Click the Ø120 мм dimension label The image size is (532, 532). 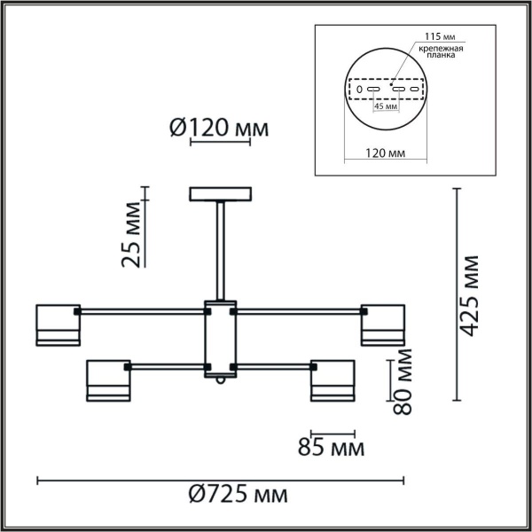click(217, 129)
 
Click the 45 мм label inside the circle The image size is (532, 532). click(386, 106)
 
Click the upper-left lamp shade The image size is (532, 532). click(57, 324)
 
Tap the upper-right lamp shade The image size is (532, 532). click(382, 324)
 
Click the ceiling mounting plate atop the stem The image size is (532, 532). click(220, 193)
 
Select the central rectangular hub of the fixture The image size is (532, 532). click(220, 337)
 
